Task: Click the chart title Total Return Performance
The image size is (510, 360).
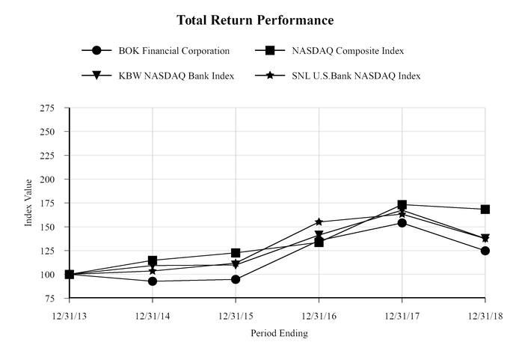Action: (x=255, y=19)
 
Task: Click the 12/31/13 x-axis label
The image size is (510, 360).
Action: (x=70, y=317)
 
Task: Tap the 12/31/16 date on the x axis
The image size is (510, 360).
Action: (x=319, y=317)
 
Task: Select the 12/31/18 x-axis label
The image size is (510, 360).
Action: (x=485, y=317)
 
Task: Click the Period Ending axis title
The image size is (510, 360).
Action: (x=279, y=334)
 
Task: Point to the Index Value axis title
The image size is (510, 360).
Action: (x=29, y=203)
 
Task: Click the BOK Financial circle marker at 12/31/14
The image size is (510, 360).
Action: (x=153, y=281)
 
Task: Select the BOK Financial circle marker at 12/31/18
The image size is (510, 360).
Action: (x=485, y=251)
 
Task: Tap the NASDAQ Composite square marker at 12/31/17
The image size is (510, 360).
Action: (x=402, y=204)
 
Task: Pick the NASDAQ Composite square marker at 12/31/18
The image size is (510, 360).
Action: (x=485, y=210)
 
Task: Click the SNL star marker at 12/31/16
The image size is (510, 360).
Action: (x=319, y=222)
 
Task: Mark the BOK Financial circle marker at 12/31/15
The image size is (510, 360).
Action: (x=236, y=279)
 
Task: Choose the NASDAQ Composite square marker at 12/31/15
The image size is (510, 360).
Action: (x=236, y=253)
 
